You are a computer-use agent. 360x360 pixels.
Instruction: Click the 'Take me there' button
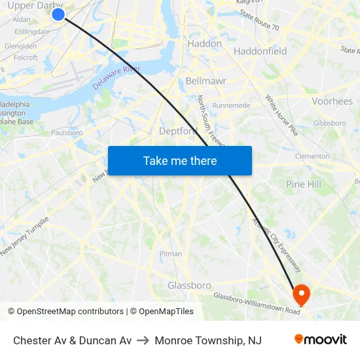point(180,160)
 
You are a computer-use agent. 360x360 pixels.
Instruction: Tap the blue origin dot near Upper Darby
point(58,14)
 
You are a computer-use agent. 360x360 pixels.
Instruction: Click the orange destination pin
point(302,294)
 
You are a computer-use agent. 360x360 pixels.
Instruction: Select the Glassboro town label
point(189,285)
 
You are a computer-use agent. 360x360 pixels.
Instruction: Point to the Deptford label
point(178,131)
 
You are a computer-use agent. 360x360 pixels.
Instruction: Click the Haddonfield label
point(260,51)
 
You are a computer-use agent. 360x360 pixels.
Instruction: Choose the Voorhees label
point(333,101)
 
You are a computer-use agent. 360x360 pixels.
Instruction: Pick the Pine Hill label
point(304,185)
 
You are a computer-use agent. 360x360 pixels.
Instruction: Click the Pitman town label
point(171,253)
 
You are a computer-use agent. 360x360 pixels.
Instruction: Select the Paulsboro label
point(67,132)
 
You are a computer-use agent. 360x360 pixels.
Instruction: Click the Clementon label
point(312,156)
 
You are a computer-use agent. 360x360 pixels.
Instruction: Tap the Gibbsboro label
point(329,123)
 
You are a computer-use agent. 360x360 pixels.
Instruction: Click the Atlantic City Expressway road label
point(278,245)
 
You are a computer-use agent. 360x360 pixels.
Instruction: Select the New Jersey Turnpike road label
point(25,236)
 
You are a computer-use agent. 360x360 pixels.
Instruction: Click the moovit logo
point(321,340)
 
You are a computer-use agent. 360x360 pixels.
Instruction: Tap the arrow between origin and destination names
point(143,340)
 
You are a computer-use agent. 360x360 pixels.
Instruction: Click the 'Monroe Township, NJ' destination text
point(208,340)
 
